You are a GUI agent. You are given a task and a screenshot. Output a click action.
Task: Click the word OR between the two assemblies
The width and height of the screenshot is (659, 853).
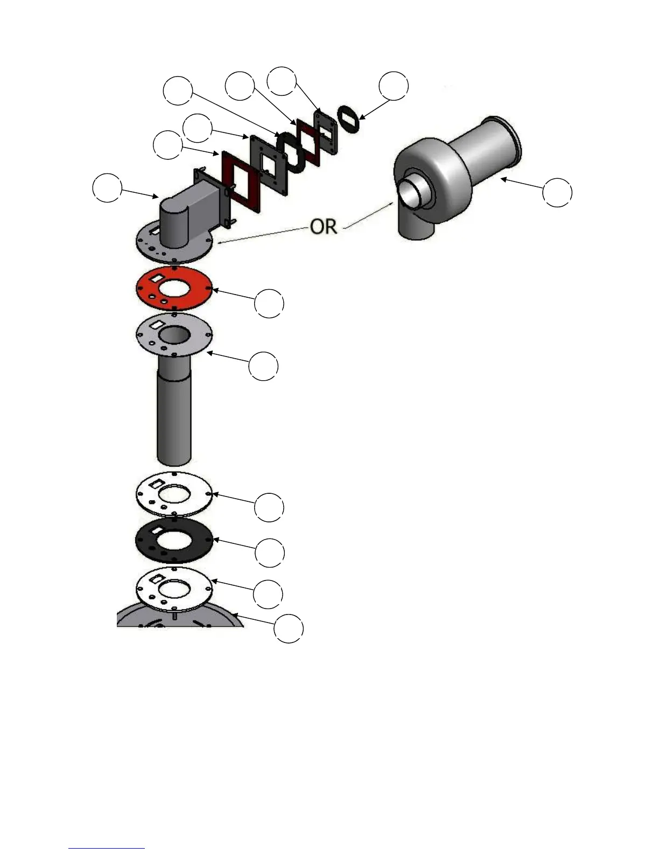[324, 227]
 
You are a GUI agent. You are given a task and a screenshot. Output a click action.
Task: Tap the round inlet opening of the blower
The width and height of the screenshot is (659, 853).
[413, 193]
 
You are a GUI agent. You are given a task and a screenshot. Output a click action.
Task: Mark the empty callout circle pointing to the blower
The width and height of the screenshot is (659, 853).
[557, 192]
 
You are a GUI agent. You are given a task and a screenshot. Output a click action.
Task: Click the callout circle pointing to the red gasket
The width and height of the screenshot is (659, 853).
[269, 303]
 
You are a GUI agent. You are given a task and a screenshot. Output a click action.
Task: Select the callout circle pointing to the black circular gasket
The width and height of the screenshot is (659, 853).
[269, 553]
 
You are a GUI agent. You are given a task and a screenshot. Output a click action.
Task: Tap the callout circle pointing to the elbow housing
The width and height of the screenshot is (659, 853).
[107, 187]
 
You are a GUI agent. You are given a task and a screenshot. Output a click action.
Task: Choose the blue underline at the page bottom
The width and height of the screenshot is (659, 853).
[106, 849]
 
